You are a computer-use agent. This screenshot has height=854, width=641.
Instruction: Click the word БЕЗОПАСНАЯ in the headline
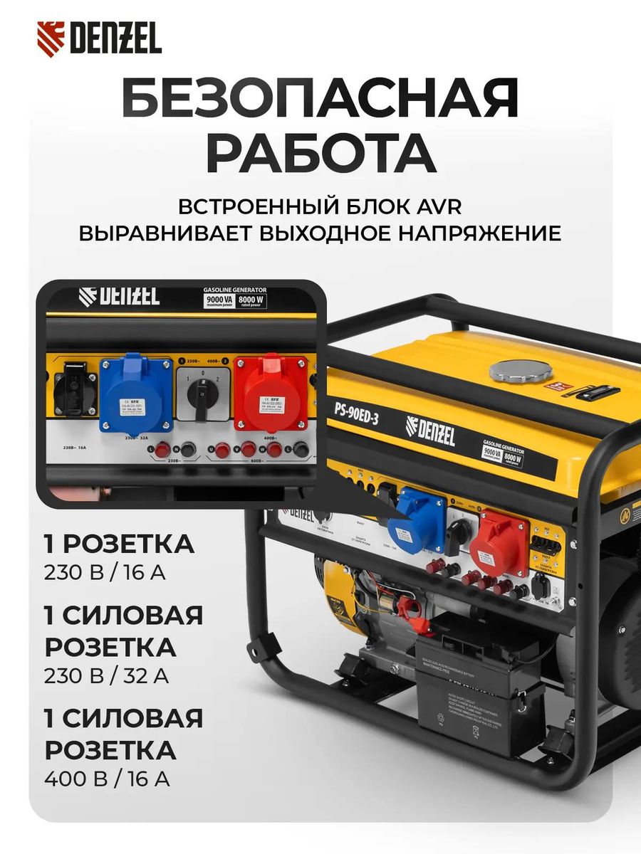click(320, 100)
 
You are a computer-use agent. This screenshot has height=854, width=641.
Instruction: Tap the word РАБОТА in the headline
click(320, 152)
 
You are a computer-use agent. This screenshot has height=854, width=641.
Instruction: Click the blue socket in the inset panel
click(136, 394)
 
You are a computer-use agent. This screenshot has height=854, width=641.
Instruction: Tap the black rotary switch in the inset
click(203, 395)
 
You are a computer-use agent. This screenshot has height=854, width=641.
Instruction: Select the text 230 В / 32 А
click(106, 675)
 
